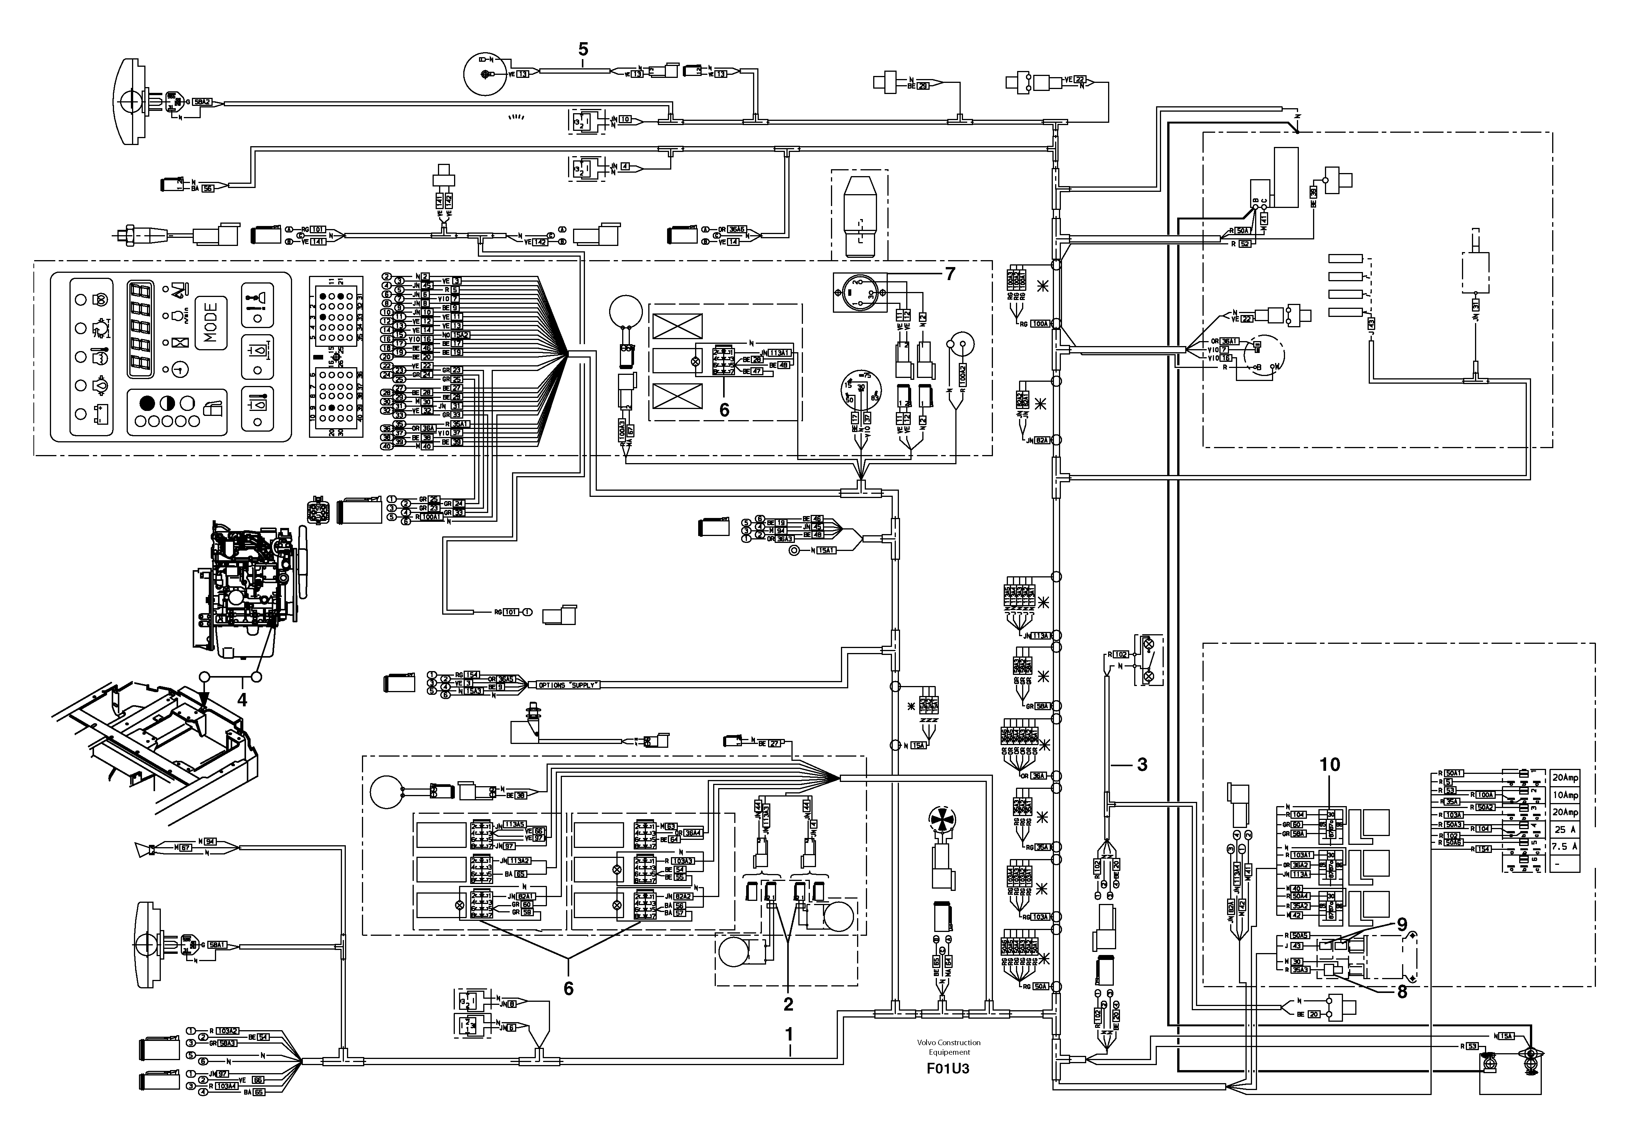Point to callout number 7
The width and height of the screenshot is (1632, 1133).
click(950, 273)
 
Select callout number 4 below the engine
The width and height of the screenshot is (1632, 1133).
click(242, 700)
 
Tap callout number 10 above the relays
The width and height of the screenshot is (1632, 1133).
click(1330, 765)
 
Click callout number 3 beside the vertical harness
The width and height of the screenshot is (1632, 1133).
click(1142, 765)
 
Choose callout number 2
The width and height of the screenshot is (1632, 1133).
click(788, 1004)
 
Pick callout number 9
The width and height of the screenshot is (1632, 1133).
click(1402, 924)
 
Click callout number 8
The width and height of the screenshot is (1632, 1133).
click(1402, 992)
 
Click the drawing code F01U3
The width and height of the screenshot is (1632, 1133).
click(948, 1069)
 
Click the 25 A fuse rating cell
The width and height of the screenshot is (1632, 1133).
click(1564, 829)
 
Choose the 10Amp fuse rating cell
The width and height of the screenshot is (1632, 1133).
click(1564, 795)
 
